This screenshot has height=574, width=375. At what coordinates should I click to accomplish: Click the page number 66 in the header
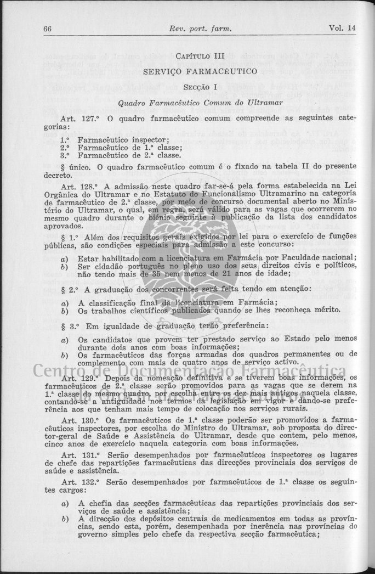[x=48, y=28]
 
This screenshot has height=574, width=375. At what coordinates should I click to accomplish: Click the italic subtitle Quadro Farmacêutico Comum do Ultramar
[x=200, y=102]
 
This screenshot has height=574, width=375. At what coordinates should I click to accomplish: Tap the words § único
[x=78, y=166]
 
